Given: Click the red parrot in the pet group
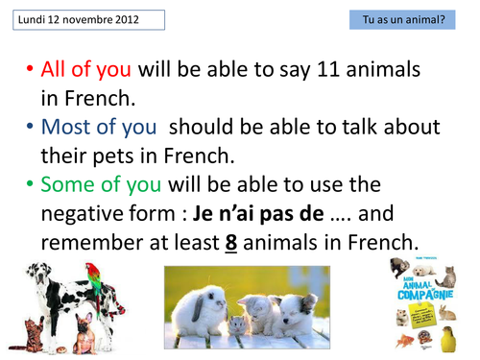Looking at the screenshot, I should [x=93, y=282].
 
